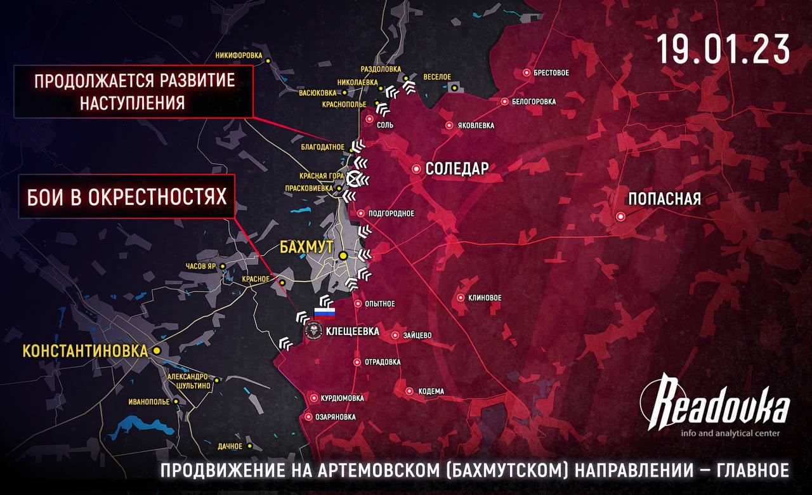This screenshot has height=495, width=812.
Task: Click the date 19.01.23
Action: (723, 49)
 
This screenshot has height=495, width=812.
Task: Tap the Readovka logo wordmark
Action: (716, 404)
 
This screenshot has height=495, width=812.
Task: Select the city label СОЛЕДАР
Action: (457, 169)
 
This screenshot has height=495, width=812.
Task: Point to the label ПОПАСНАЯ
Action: (664, 199)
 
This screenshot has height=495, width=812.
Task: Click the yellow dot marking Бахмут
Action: (343, 255)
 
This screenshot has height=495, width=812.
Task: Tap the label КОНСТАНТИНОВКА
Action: (86, 350)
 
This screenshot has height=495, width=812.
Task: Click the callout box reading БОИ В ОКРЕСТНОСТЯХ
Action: (127, 196)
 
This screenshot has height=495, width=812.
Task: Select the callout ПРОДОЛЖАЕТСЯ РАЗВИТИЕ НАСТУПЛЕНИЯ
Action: (134, 92)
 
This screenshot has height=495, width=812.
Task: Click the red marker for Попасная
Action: (621, 216)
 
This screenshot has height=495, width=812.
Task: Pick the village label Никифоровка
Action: (239, 55)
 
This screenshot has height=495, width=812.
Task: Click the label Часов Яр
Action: (200, 267)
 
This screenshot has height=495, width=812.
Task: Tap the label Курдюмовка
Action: (342, 398)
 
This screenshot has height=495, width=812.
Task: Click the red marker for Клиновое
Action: (461, 298)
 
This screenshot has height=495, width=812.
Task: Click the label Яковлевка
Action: (475, 125)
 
